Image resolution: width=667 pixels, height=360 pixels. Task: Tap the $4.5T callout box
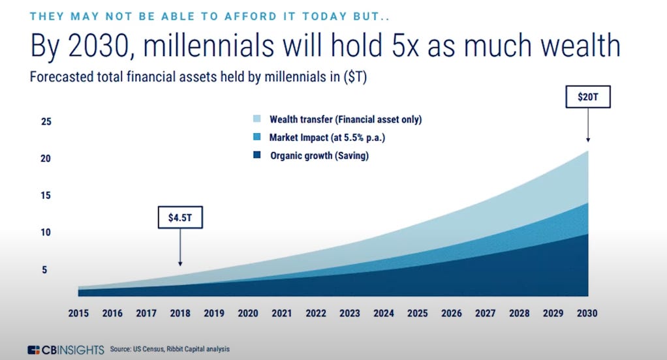pos(180,217)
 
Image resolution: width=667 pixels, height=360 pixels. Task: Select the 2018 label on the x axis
pos(180,313)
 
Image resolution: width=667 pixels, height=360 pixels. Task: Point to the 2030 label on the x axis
pos(587,313)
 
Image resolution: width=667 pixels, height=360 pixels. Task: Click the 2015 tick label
pos(78,313)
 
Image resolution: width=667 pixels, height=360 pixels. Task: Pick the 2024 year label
pos(384,313)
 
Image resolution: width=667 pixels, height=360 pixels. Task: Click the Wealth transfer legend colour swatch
pos(256,119)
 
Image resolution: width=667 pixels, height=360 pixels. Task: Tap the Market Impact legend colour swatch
pos(256,138)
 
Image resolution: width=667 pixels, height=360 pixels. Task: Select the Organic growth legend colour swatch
pos(256,156)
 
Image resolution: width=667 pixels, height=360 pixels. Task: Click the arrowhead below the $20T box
pos(588,140)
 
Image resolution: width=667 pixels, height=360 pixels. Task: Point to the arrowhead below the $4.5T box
pos(180,263)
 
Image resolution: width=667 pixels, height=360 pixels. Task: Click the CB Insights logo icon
pos(34,350)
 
